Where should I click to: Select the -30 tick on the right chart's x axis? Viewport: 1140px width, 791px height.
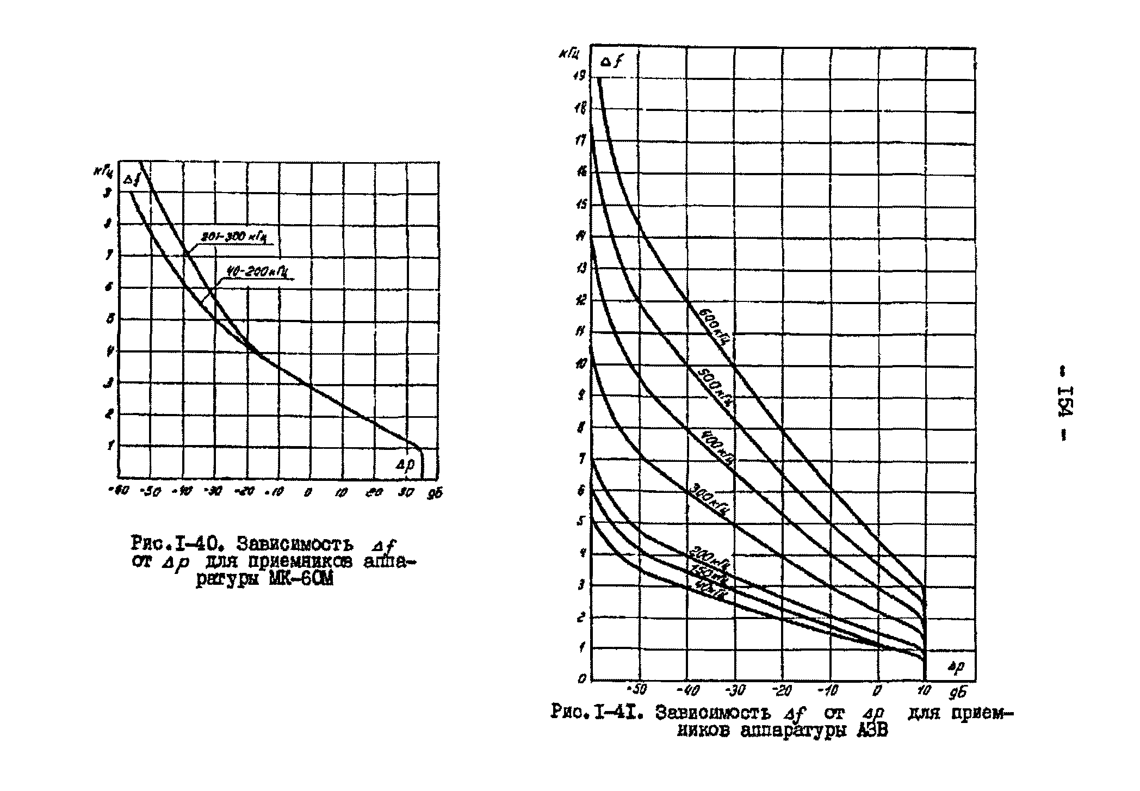pos(735,691)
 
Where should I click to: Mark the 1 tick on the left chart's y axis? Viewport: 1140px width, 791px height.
pos(110,445)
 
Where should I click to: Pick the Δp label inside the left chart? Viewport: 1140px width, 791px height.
pos(405,464)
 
